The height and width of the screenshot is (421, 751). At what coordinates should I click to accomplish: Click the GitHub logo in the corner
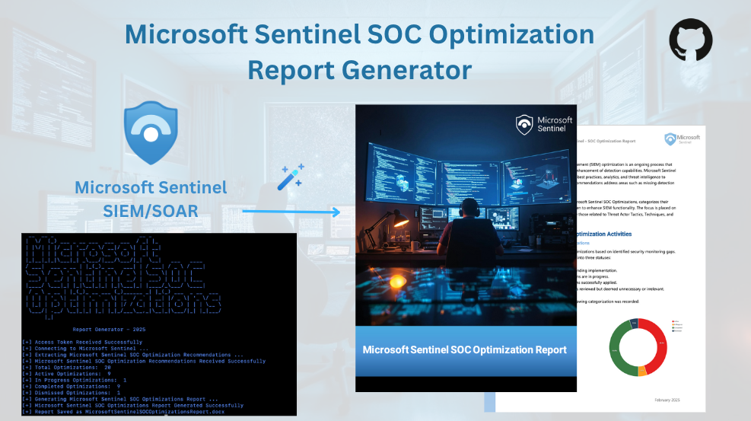pyautogui.click(x=691, y=40)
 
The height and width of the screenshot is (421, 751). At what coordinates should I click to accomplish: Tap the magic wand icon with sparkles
pyautogui.click(x=290, y=177)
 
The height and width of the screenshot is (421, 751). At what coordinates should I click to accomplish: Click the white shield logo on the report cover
pyautogui.click(x=523, y=124)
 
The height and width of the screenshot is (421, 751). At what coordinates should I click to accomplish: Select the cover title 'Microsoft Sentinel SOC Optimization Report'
pyautogui.click(x=464, y=350)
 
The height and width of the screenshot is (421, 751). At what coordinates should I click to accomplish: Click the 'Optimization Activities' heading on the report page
pyautogui.click(x=609, y=234)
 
